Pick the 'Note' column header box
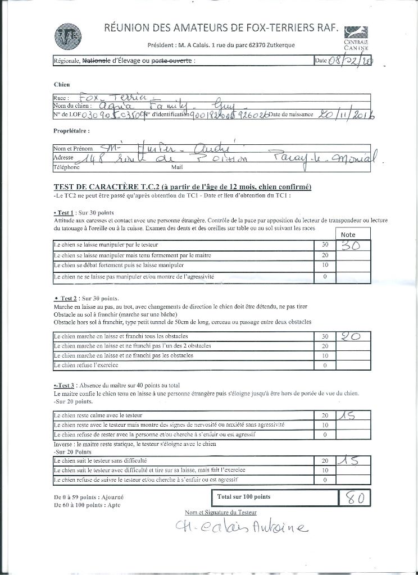coord(348,234)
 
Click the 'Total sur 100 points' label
coord(243,497)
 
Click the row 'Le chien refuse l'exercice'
coord(84,365)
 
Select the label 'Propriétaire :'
coord(71,130)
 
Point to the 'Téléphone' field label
coord(66,167)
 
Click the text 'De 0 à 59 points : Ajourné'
coord(89,498)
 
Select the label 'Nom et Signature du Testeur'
coord(220,513)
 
